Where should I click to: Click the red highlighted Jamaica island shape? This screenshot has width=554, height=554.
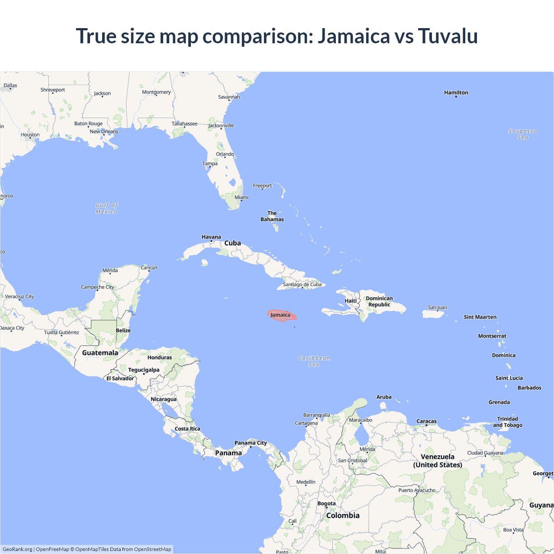click(282, 315)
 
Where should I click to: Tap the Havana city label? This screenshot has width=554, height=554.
click(211, 237)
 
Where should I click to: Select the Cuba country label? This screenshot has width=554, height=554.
click(232, 243)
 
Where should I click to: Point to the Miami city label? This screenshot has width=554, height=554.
click(242, 197)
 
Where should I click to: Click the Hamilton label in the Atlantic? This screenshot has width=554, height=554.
click(456, 93)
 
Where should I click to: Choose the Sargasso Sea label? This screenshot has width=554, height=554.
click(523, 134)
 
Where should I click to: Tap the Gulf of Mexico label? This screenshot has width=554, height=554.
click(106, 208)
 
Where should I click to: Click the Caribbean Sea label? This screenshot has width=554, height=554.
click(314, 361)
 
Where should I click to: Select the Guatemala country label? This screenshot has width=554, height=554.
click(100, 353)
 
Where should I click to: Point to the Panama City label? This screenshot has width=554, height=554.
click(251, 443)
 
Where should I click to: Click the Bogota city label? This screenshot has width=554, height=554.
click(326, 503)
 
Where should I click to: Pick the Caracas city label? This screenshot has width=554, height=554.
click(426, 421)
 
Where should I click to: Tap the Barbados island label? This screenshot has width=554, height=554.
click(529, 388)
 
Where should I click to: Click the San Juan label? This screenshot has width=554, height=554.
click(438, 307)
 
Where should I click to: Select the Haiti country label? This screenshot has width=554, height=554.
click(351, 301)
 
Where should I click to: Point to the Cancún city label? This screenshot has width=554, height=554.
click(149, 267)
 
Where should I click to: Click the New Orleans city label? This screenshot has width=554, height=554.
click(104, 132)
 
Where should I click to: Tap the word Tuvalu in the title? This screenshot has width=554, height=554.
click(448, 36)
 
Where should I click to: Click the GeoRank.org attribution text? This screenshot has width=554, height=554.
click(17, 549)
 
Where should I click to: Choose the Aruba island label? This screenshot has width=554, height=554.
click(384, 397)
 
